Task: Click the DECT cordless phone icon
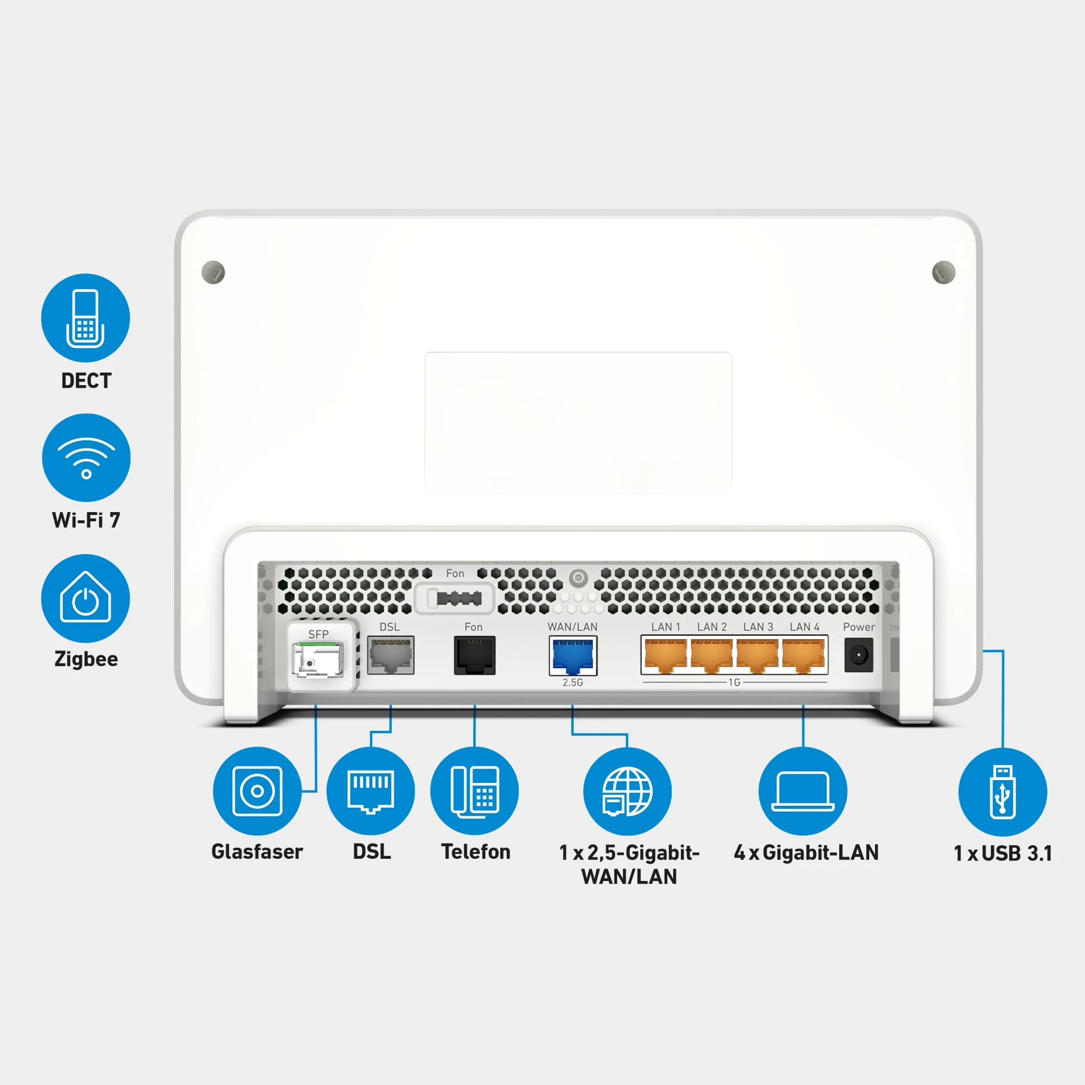(85, 318)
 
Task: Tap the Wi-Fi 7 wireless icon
(86, 458)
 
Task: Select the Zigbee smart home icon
(85, 599)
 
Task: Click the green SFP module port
(318, 659)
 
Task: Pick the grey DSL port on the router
(390, 655)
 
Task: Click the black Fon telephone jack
(475, 655)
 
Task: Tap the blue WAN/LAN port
(573, 655)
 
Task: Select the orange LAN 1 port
(665, 655)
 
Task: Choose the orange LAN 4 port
(803, 655)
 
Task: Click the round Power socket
(858, 655)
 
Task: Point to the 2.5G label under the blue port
(573, 682)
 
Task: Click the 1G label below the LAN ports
(734, 682)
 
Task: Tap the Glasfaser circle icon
(257, 791)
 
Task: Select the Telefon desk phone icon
(475, 791)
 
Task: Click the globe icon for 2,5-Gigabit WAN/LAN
(627, 792)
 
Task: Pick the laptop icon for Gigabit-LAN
(802, 791)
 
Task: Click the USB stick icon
(1003, 792)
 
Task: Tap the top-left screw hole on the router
(213, 272)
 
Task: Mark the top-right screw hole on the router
(943, 272)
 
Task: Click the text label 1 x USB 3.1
(1003, 853)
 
